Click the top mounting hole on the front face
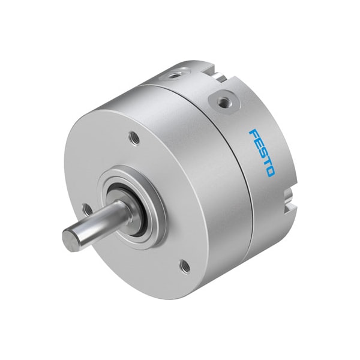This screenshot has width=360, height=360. pos(135,138)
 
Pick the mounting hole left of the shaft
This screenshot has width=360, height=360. pos(88,209)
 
